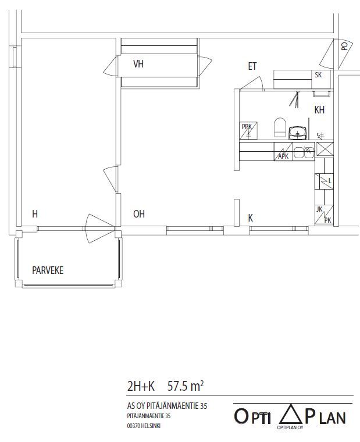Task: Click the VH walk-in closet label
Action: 138,64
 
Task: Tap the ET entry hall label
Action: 252,66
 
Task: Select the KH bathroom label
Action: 319,110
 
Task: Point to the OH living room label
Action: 139,214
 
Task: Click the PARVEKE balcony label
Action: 48,270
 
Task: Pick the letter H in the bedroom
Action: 35,214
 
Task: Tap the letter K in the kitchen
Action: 250,218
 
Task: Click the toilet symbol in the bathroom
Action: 280,127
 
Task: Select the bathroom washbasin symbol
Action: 297,133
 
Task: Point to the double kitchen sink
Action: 304,152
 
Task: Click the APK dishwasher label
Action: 283,156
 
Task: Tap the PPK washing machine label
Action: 247,127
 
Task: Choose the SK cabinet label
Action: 318,75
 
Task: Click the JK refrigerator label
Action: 319,209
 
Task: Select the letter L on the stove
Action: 330,181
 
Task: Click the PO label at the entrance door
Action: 344,46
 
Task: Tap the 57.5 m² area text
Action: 186,386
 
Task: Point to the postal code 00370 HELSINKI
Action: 144,426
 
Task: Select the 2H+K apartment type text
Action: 141,386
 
